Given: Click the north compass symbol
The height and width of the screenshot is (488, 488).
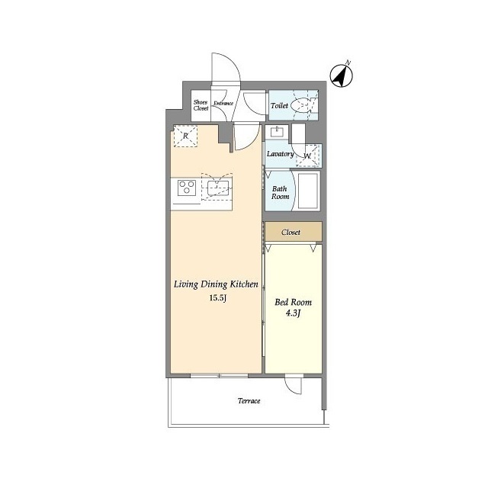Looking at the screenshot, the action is [342, 75].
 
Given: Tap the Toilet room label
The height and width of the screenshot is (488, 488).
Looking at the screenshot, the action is [279, 105].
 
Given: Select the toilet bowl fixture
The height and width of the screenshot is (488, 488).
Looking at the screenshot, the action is [301, 105].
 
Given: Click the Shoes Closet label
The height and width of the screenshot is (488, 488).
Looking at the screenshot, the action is [201, 105].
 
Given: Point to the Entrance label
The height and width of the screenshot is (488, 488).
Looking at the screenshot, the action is [223, 103].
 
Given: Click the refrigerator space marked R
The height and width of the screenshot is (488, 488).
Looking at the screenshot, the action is [185, 136].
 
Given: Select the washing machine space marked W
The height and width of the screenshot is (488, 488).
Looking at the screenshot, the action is [308, 156].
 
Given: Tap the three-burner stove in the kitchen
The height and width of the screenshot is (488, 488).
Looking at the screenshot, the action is [187, 188].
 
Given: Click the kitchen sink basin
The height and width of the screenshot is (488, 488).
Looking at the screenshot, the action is [218, 188].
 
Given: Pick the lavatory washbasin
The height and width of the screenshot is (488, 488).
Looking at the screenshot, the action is [278, 132].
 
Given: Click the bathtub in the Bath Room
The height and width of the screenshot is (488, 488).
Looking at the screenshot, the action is [308, 191].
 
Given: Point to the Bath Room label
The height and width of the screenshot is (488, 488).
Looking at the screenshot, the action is [280, 193].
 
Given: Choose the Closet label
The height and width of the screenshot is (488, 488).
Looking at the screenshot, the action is [291, 232].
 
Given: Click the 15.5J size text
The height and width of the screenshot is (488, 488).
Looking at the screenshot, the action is [217, 298].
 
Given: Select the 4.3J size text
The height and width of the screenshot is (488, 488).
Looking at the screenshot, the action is [293, 313].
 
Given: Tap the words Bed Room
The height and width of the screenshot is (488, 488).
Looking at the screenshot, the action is [293, 302].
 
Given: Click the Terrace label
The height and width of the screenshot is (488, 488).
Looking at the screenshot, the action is [249, 401].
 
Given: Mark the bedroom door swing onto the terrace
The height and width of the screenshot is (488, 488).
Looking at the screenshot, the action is [294, 386].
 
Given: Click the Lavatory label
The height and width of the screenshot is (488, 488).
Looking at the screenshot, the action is [280, 154].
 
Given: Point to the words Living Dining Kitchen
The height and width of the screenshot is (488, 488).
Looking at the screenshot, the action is [216, 284].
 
